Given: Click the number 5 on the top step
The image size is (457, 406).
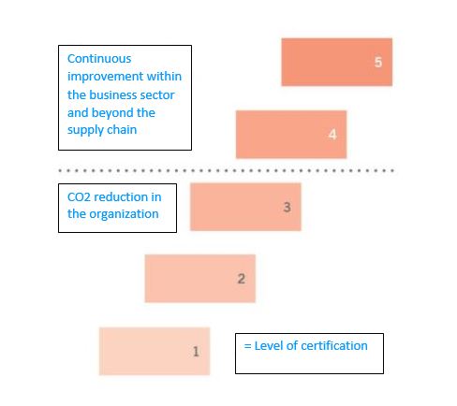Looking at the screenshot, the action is tap(378, 62).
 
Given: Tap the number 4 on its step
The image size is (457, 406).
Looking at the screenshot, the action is tap(332, 135).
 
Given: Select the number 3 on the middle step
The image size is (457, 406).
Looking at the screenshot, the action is tap(287, 207).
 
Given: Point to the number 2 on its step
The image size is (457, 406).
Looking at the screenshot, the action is tap(242, 279).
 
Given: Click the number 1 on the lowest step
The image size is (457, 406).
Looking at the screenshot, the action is tap(196, 352).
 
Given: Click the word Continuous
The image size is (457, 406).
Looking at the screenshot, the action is tap(99, 59).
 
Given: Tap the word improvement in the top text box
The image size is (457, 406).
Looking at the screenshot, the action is tap(105, 77).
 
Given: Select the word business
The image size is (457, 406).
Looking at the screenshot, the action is tap(113, 94).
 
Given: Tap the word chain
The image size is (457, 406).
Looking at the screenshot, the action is tap(122, 130).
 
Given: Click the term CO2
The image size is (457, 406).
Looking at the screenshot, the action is tap(79, 197).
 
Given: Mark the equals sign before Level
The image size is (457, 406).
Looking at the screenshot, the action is tap(248, 346).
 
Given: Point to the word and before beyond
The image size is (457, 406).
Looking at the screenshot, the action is tap(78, 113).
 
